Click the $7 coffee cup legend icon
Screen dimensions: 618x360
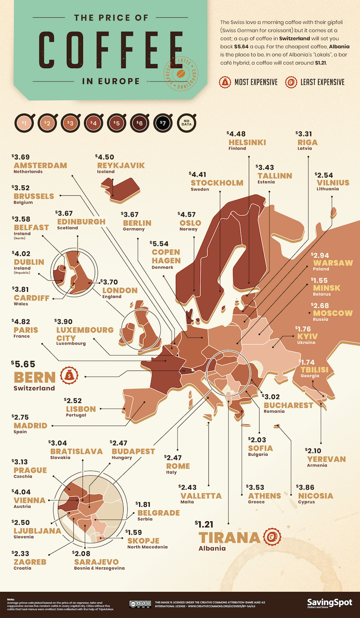click(163, 123)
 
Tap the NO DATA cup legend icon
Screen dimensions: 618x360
click(186, 123)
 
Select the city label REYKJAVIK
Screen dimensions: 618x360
click(121, 165)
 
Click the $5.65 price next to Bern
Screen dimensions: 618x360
click(24, 364)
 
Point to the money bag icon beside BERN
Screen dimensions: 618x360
click(69, 375)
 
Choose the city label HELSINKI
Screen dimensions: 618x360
click(247, 142)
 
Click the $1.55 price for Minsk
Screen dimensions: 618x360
click(320, 280)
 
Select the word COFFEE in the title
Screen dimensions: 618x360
click(111, 50)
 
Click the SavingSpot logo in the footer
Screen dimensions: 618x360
click(329, 603)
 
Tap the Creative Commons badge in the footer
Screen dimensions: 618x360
click(140, 604)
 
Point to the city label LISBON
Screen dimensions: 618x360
click(81, 409)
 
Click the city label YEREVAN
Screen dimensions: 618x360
click(326, 459)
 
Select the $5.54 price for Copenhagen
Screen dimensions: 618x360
click(160, 243)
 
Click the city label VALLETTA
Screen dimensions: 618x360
click(201, 496)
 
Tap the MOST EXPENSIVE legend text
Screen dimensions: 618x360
click(256, 82)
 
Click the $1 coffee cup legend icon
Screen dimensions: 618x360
click(24, 123)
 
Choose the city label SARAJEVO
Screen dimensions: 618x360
click(96, 562)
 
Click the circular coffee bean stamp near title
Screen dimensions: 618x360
click(181, 73)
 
